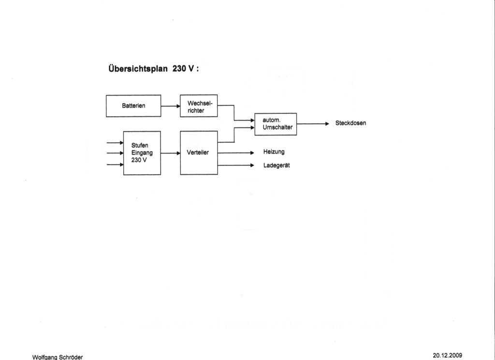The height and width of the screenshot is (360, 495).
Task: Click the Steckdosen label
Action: pos(351,123)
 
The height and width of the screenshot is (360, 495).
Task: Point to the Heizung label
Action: pos(274,152)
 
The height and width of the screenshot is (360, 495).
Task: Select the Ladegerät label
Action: pos(277,165)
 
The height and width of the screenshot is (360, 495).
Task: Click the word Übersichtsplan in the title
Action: pos(138,69)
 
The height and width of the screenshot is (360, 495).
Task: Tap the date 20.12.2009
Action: pos(447,355)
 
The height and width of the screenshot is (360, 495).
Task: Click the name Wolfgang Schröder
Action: pos(58,357)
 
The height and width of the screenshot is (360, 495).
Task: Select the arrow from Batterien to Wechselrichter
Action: pos(171,106)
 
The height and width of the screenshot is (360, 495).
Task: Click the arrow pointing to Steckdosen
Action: pos(313,124)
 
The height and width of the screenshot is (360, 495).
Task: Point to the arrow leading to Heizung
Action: pos(236,153)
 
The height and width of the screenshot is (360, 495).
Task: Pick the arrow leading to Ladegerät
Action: pos(236,165)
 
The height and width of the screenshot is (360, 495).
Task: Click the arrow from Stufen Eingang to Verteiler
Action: pos(171,153)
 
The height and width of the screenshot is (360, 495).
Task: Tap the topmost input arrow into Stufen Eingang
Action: pos(115,143)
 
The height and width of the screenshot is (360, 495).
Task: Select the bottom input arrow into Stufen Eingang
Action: pos(115,165)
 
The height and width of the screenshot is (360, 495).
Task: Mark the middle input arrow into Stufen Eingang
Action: pos(115,153)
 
